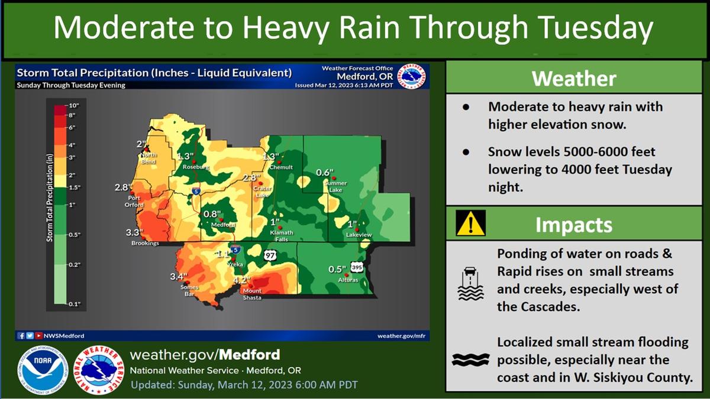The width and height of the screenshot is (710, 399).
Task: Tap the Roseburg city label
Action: pyautogui.click(x=196, y=167)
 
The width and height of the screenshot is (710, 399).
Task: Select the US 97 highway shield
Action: pyautogui.click(x=270, y=255)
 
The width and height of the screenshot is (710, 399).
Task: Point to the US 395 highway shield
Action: pyautogui.click(x=357, y=267)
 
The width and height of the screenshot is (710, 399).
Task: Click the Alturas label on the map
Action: pyautogui.click(x=348, y=280)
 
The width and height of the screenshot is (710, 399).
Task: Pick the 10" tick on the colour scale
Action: pyautogui.click(x=73, y=105)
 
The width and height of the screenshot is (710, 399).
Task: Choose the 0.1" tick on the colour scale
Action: pyautogui.click(x=75, y=304)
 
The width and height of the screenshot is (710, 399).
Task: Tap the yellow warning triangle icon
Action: pyautogui.click(x=471, y=223)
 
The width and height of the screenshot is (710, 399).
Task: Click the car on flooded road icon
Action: pyautogui.click(x=471, y=284)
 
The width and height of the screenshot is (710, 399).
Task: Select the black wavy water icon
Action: pyautogui.click(x=471, y=360)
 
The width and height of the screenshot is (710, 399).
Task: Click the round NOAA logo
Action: pyautogui.click(x=43, y=369)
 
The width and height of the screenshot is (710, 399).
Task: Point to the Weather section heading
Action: pyautogui.click(x=574, y=78)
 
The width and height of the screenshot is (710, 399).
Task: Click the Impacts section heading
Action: pyautogui.click(x=574, y=225)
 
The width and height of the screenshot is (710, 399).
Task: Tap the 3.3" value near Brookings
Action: pyautogui.click(x=134, y=233)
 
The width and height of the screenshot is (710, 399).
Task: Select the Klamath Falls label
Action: pyautogui.click(x=282, y=236)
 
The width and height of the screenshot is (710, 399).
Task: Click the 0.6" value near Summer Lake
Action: pyautogui.click(x=325, y=173)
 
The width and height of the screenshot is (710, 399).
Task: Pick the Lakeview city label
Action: pyautogui.click(x=359, y=235)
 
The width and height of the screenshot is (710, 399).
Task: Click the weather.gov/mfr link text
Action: pyautogui.click(x=401, y=336)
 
